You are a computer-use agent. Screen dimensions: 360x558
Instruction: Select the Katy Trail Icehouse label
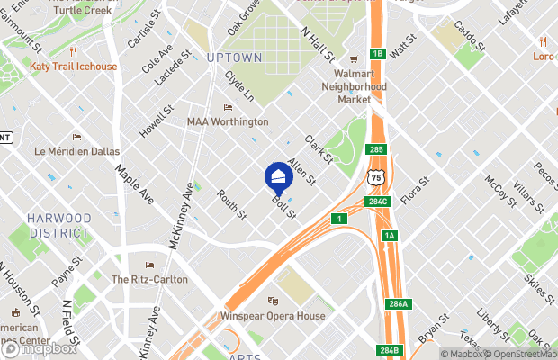click(x=73, y=67)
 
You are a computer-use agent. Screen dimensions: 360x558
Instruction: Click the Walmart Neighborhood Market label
click(x=355, y=87)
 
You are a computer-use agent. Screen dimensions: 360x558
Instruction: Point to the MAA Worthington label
click(x=228, y=121)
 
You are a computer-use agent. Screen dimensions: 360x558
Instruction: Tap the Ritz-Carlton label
click(x=149, y=279)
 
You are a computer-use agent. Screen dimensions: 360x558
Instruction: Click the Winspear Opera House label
click(x=273, y=316)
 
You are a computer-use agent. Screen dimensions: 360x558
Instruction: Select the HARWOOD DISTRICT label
click(x=58, y=225)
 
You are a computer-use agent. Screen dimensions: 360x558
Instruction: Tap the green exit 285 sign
click(x=376, y=149)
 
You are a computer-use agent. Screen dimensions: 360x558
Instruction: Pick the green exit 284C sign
click(x=377, y=202)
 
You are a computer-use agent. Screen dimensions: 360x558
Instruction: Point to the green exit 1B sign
click(x=378, y=54)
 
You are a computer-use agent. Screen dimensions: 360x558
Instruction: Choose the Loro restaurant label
click(x=544, y=55)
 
